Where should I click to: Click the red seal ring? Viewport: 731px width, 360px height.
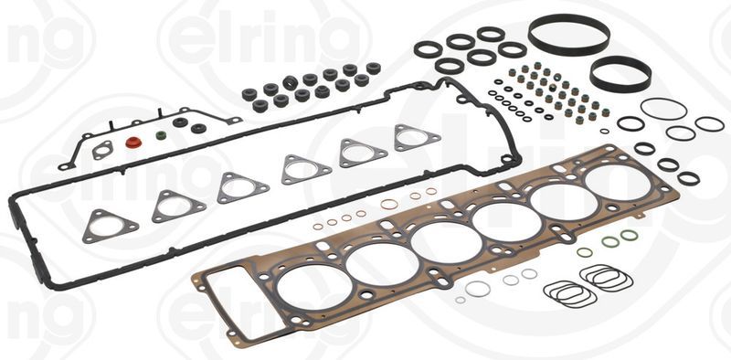coord(133,143)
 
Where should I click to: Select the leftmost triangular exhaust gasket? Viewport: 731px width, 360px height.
coord(111,225)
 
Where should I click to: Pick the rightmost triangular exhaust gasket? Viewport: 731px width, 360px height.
coord(417,137)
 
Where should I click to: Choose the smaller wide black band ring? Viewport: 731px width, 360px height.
coord(620,73)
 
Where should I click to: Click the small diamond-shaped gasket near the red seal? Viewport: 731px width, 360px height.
coord(103,150)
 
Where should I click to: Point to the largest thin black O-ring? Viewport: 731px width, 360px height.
coord(663,109)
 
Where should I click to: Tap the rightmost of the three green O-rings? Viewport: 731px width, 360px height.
coord(629,236)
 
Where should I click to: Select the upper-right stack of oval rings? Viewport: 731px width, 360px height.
coord(605,276)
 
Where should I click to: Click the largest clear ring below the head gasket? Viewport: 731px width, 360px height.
coord(477,289)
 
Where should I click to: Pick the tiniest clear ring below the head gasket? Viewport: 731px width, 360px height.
coord(460,300)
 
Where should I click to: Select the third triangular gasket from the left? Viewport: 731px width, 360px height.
coord(243,187)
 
